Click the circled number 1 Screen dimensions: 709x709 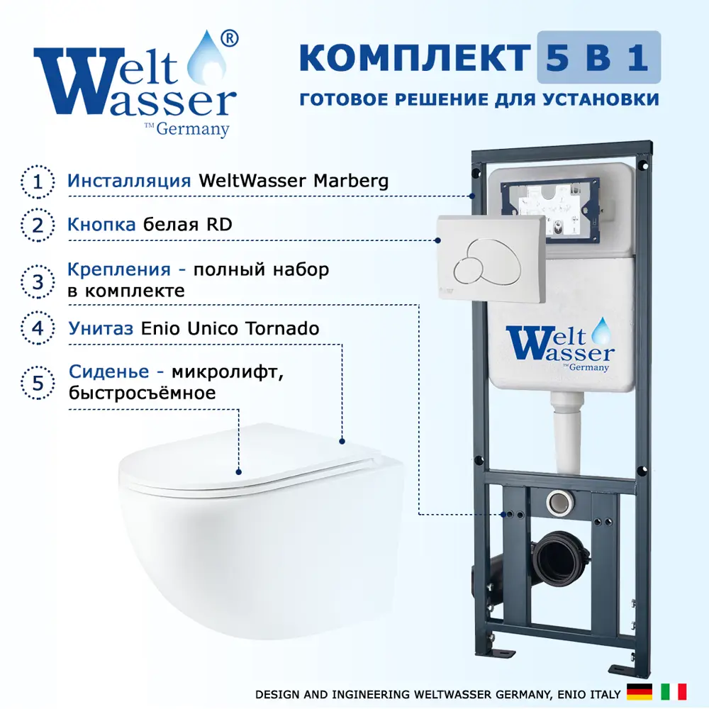click(38, 182)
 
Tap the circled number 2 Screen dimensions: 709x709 click(38, 225)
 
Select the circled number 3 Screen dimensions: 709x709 click(38, 281)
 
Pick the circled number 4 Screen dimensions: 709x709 click(38, 328)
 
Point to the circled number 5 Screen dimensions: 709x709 click(38, 383)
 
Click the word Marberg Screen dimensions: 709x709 click(351, 182)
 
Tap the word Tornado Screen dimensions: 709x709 click(282, 328)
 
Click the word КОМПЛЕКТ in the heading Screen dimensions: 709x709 click(415, 58)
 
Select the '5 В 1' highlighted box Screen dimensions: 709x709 click(598, 57)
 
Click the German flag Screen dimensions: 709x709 click(640, 692)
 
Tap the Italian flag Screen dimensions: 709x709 click(674, 692)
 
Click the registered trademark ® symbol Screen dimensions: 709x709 click(229, 38)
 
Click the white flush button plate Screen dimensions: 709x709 click(491, 259)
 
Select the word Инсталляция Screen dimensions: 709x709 click(129, 181)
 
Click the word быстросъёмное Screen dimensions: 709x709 click(142, 393)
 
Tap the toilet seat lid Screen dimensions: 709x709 click(253, 457)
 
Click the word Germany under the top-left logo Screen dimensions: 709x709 click(193, 129)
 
